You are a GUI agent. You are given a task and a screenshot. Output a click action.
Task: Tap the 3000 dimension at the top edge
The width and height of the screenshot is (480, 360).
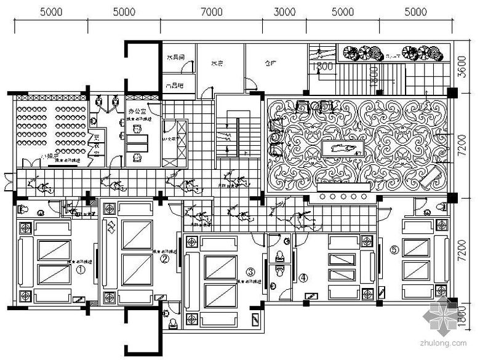285,12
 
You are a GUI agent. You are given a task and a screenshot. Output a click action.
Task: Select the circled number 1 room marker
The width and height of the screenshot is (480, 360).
80,269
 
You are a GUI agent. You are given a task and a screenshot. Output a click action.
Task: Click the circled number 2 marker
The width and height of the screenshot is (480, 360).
164,260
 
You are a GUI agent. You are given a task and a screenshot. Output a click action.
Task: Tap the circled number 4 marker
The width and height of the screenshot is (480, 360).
303,278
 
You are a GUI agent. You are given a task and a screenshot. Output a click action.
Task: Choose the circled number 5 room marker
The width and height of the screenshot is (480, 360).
394,249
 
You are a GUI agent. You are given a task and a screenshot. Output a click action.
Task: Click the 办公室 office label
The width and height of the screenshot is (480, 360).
137,113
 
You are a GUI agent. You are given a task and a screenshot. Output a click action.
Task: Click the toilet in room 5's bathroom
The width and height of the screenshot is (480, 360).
441,206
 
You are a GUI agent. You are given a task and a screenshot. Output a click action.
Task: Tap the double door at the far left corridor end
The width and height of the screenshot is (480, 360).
6,182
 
